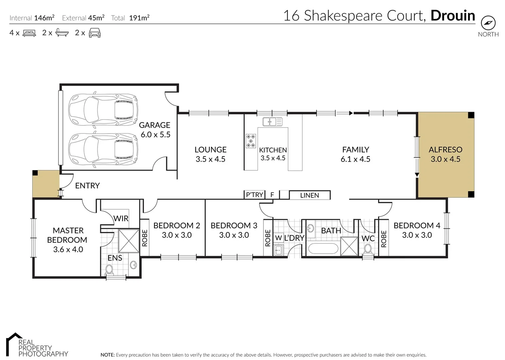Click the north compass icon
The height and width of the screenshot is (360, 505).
[488, 23]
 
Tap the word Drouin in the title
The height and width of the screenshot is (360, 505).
[453, 16]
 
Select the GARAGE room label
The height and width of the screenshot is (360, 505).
[155, 125]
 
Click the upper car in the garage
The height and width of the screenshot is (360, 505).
[103, 108]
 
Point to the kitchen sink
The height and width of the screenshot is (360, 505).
[272, 122]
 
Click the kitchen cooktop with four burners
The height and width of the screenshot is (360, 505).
[251, 141]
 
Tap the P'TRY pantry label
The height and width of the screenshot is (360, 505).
[254, 195]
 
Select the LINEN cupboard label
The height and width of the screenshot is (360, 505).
[309, 195]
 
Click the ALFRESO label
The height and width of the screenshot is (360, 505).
[445, 150]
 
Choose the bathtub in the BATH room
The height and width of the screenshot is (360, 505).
[323, 249]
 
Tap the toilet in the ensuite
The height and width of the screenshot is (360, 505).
[109, 269]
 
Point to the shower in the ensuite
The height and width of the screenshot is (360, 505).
[129, 241]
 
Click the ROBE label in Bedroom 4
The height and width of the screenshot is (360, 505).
[384, 239]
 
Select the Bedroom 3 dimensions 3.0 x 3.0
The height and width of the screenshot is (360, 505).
[234, 235]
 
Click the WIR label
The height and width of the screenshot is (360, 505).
[121, 219]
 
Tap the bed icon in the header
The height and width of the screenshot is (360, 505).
[29, 33]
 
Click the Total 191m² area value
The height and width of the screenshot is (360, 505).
[139, 18]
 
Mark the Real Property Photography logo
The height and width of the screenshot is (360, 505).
[37, 345]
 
